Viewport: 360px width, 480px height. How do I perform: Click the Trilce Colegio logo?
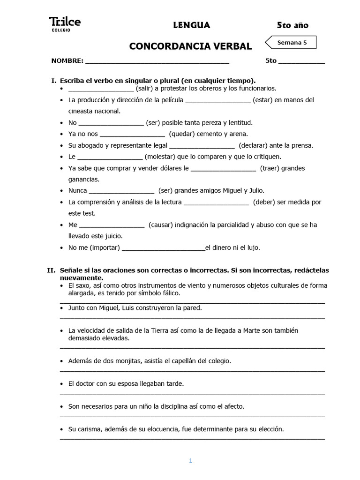[x=65, y=24]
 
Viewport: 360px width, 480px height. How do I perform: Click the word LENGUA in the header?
[x=191, y=25]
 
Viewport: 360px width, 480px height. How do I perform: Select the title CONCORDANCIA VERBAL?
[x=190, y=46]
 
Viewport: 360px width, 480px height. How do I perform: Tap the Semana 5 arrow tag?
[x=291, y=43]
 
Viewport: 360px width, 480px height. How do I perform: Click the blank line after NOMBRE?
[x=157, y=61]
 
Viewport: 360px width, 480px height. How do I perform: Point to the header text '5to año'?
[x=292, y=25]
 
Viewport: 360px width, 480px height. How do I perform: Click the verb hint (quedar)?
[x=184, y=134]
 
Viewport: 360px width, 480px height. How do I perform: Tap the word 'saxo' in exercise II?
[x=84, y=285]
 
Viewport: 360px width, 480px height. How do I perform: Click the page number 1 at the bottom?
[x=190, y=461]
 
